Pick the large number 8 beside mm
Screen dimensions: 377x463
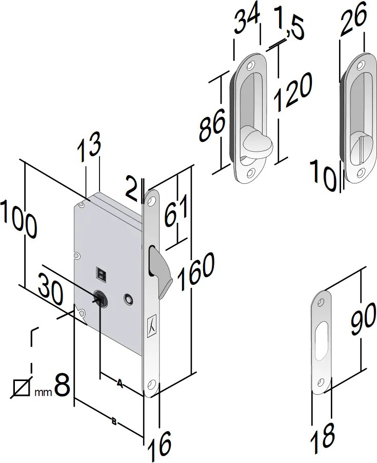tap(62, 385)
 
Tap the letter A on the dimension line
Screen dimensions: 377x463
tap(120, 384)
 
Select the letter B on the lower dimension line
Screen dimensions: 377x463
tap(114, 422)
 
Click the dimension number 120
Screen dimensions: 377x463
tap(292, 92)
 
